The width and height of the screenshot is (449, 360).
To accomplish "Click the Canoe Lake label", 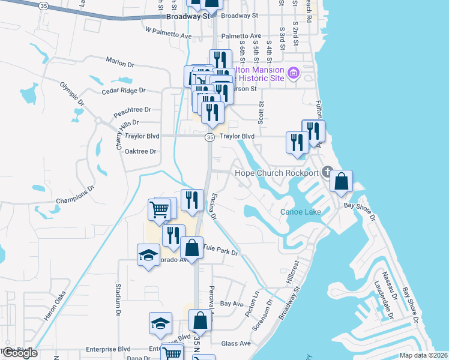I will [301, 212].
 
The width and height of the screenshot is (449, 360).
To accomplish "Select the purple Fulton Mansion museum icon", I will [294, 74].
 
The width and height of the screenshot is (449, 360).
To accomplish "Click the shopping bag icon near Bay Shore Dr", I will [341, 182].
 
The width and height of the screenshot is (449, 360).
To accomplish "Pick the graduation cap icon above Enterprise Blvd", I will [160, 323].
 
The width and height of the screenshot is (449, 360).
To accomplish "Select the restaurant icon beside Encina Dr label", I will [192, 200].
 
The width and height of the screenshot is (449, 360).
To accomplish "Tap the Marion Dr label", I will [119, 61].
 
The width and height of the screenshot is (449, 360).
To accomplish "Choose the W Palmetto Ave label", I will [168, 32].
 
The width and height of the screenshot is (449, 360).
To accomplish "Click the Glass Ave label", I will [236, 343].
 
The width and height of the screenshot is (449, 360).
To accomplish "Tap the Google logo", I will [20, 353].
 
